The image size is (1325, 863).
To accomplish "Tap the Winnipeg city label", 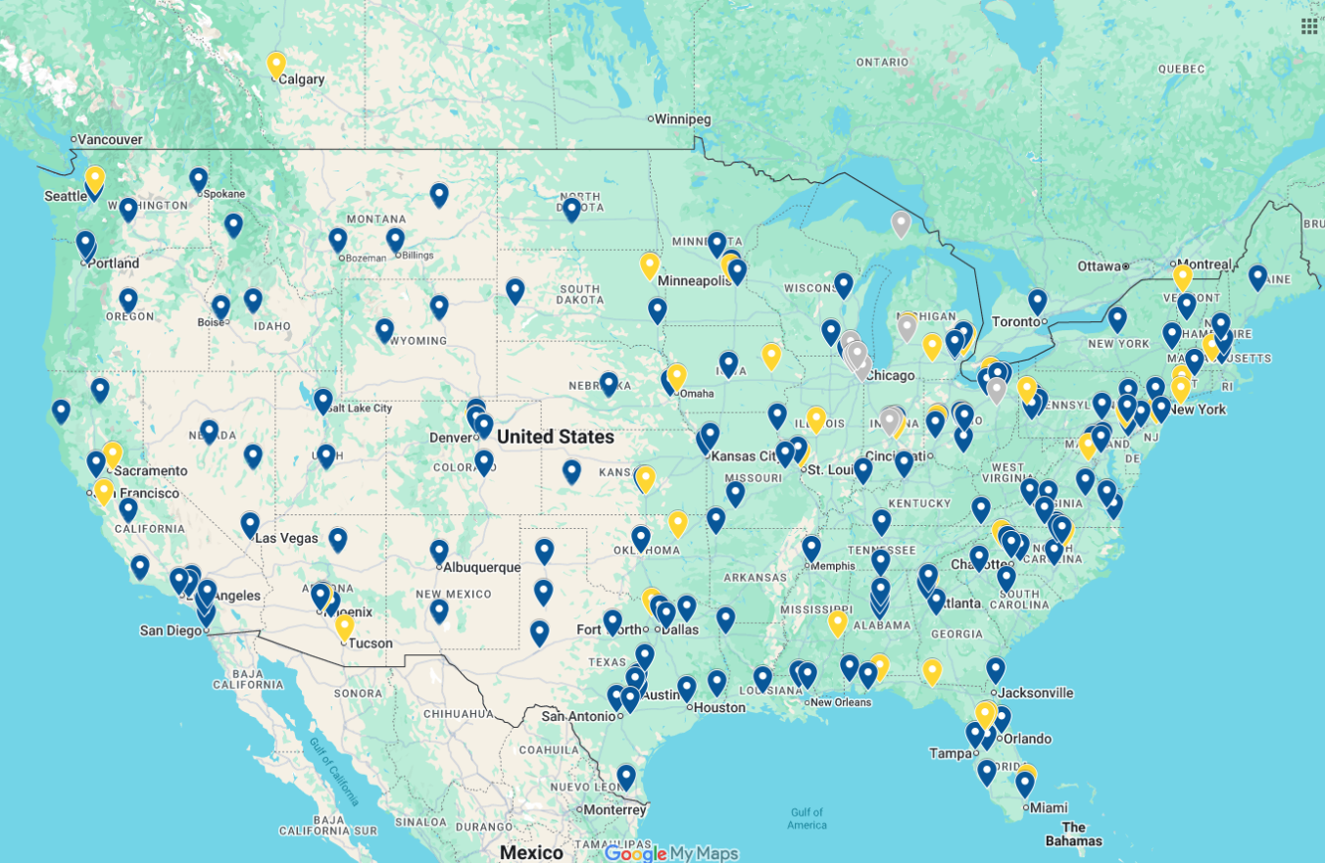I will [x=682, y=120].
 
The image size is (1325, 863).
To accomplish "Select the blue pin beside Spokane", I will [x=199, y=179].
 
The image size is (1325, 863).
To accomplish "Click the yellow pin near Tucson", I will [x=344, y=626].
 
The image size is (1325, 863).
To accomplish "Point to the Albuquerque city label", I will [x=481, y=567].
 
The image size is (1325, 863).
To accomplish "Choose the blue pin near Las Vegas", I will [x=250, y=524].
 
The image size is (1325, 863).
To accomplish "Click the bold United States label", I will [x=556, y=437].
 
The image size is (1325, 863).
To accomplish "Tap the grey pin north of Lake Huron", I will [x=901, y=223].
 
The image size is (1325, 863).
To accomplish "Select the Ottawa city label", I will [x=1097, y=266].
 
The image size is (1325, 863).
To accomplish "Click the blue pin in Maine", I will [x=1257, y=277].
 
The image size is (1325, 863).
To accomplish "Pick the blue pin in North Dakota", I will [x=571, y=209].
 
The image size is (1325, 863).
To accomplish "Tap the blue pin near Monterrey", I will [x=626, y=777].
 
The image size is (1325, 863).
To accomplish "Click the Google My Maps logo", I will [x=670, y=853].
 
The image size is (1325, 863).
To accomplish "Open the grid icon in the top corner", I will [x=1309, y=25].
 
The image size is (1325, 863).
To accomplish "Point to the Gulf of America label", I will [x=807, y=818].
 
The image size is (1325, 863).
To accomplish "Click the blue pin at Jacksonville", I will [x=996, y=669].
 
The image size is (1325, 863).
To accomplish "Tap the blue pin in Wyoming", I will [x=384, y=330].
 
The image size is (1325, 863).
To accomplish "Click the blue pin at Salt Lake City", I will [x=322, y=400].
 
